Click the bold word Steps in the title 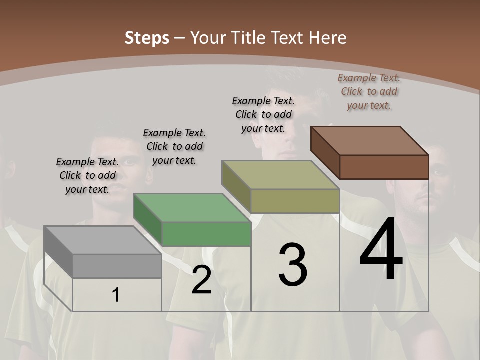click(x=147, y=38)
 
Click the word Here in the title click(x=328, y=38)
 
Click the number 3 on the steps click(x=293, y=265)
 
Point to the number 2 click(x=201, y=280)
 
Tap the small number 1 click(x=116, y=295)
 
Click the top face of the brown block click(x=370, y=140)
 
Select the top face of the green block click(x=192, y=207)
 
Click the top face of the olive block click(x=281, y=174)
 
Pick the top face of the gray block click(x=103, y=240)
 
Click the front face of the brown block click(x=384, y=167)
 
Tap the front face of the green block click(x=206, y=234)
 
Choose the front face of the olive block click(x=295, y=201)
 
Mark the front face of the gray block click(x=117, y=266)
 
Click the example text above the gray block click(x=87, y=175)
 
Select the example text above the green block click(x=174, y=146)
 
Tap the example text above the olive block click(x=263, y=114)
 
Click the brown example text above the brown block click(x=369, y=91)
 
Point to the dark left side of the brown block click(x=325, y=152)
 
